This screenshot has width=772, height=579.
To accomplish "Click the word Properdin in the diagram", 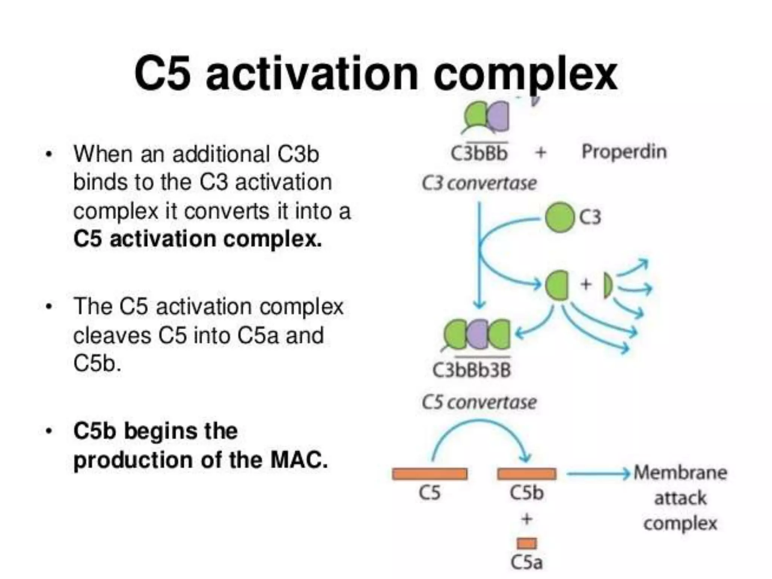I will (624, 152).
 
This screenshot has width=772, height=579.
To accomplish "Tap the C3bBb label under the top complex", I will (479, 153).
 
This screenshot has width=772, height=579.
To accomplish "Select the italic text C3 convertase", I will (479, 184).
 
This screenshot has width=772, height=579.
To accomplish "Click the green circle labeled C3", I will (560, 218).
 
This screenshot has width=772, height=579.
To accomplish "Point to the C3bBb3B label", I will (471, 370).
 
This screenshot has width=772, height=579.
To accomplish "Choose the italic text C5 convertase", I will (479, 402).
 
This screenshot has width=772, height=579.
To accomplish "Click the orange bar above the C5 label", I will (429, 474).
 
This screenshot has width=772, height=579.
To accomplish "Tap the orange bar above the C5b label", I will (527, 474).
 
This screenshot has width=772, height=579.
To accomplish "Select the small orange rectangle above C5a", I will (527, 543).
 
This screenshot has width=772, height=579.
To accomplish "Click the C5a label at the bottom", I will (527, 562).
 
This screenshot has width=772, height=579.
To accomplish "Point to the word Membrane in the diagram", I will (680, 473).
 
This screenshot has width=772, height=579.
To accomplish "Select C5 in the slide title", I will (162, 74).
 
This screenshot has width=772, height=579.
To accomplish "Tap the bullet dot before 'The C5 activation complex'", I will (48, 307).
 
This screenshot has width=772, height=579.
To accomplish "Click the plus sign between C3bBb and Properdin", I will (541, 153).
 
